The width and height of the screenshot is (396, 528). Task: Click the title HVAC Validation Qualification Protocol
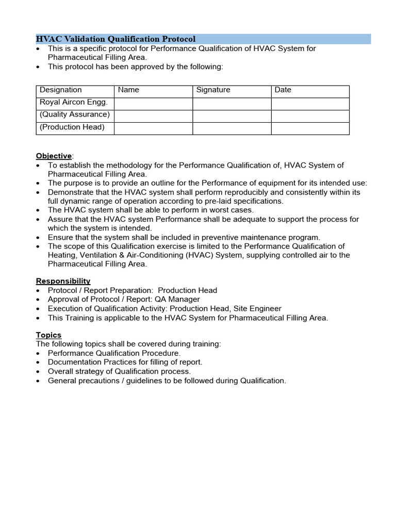click(x=115, y=39)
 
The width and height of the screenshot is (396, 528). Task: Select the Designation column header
click(x=60, y=90)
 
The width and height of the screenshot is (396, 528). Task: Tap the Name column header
click(x=128, y=90)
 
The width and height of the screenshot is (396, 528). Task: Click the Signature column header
click(x=213, y=90)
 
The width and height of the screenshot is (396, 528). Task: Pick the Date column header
click(x=283, y=90)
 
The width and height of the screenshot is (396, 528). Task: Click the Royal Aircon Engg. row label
click(x=73, y=102)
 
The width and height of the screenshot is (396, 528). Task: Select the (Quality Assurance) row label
click(x=74, y=114)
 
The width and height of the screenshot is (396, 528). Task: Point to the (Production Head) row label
click(x=72, y=127)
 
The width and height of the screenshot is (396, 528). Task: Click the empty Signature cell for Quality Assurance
click(x=232, y=116)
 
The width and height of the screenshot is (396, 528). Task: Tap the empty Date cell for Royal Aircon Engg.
click(x=310, y=104)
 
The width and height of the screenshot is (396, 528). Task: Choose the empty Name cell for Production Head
click(x=153, y=128)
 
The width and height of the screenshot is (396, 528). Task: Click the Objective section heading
click(x=54, y=156)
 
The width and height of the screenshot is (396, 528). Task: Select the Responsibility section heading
click(x=63, y=281)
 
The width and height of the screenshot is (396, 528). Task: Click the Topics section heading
click(x=48, y=335)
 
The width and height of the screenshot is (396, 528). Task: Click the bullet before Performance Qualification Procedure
click(x=39, y=354)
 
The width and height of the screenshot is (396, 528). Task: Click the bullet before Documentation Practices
click(x=39, y=362)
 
